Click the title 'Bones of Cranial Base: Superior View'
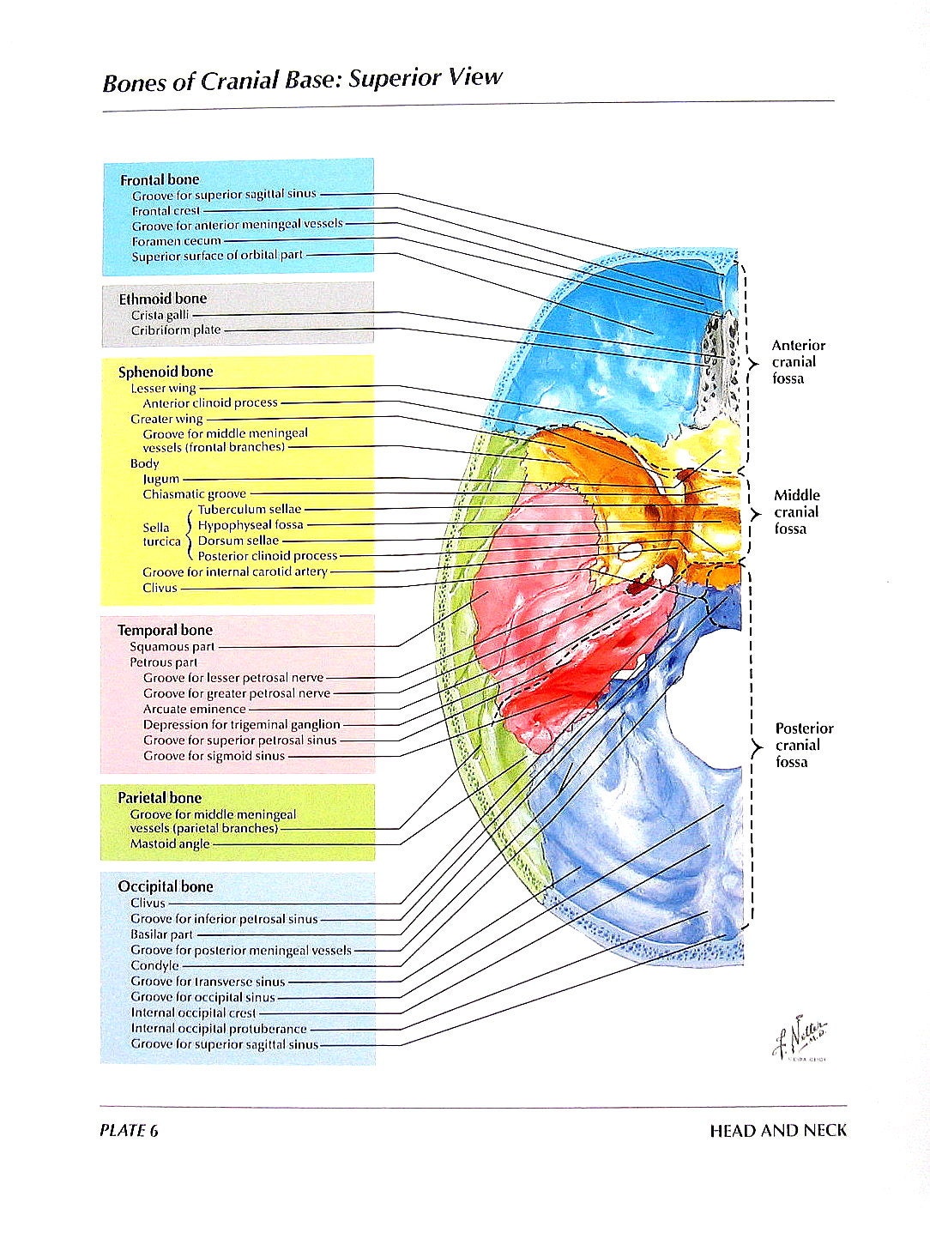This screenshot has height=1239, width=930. pyautogui.click(x=302, y=80)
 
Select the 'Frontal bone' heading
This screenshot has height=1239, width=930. pyautogui.click(x=159, y=179)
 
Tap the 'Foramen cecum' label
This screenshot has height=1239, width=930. pyautogui.click(x=176, y=241)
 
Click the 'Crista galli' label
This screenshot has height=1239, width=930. pyautogui.click(x=160, y=315)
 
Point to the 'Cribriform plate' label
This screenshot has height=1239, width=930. pyautogui.click(x=175, y=330)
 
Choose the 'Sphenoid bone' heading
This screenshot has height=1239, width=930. pyautogui.click(x=165, y=372)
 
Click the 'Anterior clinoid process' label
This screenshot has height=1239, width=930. pyautogui.click(x=210, y=402)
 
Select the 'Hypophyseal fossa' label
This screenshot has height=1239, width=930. pyautogui.click(x=251, y=525)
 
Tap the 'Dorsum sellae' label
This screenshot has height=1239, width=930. pyautogui.click(x=238, y=541)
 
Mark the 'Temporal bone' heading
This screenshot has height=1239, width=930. pyautogui.click(x=165, y=630)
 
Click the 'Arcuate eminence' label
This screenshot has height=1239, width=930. pyautogui.click(x=194, y=709)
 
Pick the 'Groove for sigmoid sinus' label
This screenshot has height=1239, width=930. pyautogui.click(x=214, y=756)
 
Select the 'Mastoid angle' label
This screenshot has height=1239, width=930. pyautogui.click(x=170, y=843)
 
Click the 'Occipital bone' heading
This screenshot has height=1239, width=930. pyautogui.click(x=165, y=886)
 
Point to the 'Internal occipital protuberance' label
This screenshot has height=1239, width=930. pyautogui.click(x=218, y=1028)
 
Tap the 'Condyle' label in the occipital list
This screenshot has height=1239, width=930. pyautogui.click(x=154, y=965)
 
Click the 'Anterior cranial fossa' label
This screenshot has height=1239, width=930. pyautogui.click(x=797, y=362)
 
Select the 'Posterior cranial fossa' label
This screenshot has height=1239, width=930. pyautogui.click(x=803, y=745)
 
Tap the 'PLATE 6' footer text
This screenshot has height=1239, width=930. pyautogui.click(x=129, y=1130)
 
